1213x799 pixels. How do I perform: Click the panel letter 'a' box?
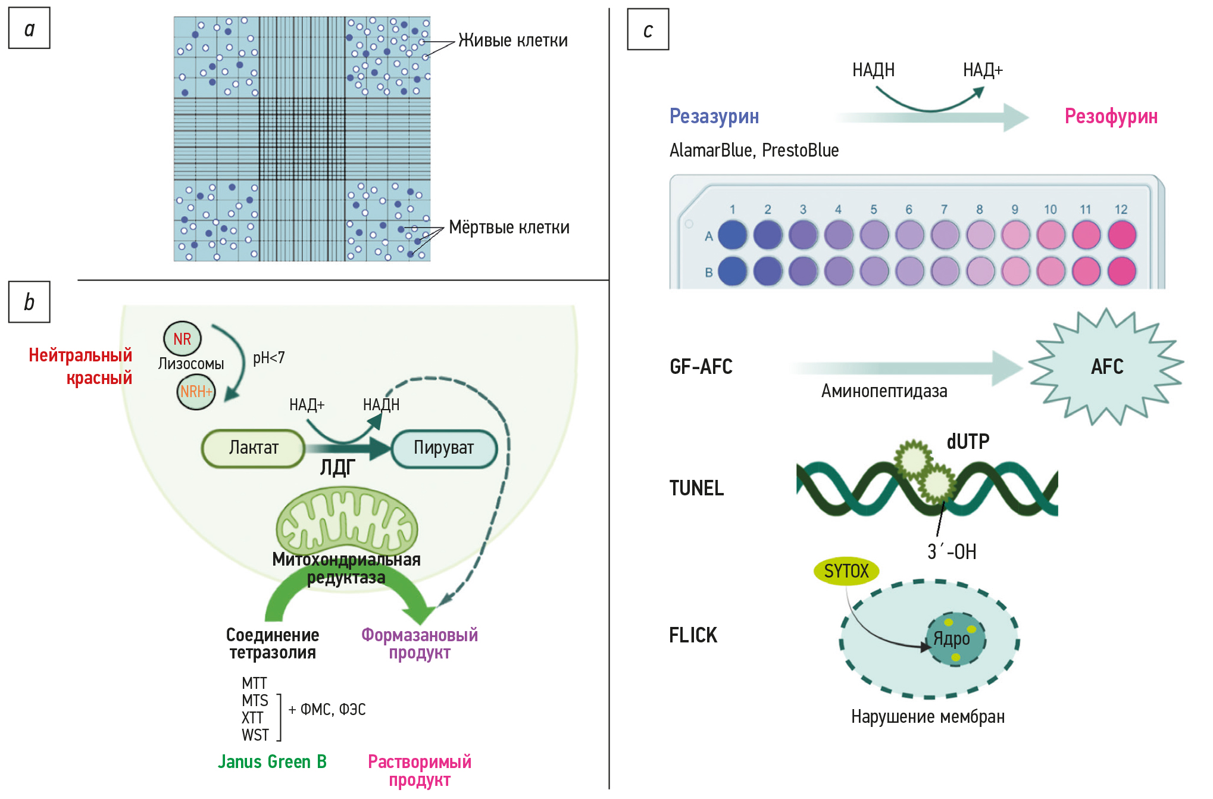tap(29, 28)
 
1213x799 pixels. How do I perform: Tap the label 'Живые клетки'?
tap(512, 40)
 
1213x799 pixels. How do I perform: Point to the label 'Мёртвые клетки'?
tap(509, 227)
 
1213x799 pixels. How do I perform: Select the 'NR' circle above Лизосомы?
tap(182, 339)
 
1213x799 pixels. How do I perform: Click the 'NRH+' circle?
tap(196, 392)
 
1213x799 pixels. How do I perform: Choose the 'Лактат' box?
tap(254, 448)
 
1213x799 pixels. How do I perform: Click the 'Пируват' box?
tap(444, 448)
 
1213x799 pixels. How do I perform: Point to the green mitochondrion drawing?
tap(347, 520)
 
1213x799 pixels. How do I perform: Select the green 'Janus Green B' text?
tap(272, 762)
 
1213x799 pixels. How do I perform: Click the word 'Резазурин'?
tap(714, 116)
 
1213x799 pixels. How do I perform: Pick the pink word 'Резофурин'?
tap(1111, 116)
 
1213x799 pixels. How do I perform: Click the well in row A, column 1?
tap(733, 235)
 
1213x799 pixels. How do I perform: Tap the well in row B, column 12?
tap(1122, 271)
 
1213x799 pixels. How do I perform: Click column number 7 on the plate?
tap(944, 210)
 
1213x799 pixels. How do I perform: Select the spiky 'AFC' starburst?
tap(1106, 366)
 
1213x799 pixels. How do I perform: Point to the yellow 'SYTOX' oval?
tap(846, 571)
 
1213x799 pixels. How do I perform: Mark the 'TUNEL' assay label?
tap(696, 488)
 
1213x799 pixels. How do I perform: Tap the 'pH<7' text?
tap(269, 358)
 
